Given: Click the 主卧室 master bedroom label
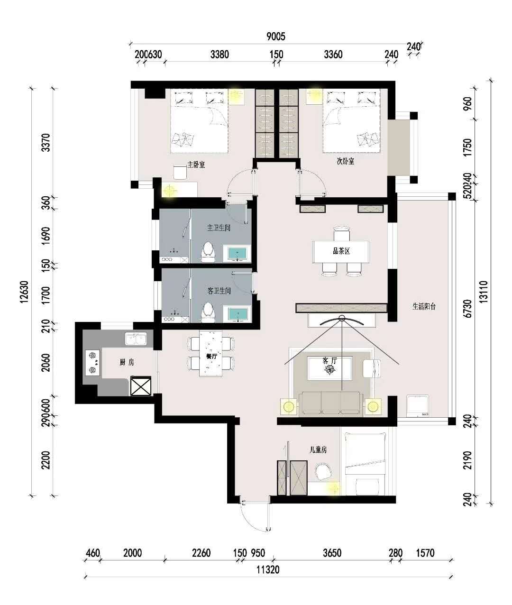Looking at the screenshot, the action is [196, 165].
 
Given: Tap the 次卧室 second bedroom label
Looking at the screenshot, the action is [346, 161].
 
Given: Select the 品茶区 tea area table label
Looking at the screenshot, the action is [341, 251].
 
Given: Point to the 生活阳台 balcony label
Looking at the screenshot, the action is [424, 306].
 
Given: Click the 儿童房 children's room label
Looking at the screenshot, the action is [318, 449].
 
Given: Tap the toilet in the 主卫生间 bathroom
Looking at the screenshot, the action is [208, 251].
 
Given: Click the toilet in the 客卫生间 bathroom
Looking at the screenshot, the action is [208, 312].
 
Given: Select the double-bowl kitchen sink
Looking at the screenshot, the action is [136, 339].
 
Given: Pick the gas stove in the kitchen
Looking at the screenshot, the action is [92, 363].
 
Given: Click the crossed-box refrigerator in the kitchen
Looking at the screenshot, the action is [141, 386].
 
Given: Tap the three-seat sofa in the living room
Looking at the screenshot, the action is [331, 403].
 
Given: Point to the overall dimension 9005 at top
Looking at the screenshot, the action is [276, 37].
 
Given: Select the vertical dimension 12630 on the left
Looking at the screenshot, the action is [24, 292].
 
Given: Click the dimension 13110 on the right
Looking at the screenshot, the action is [484, 292].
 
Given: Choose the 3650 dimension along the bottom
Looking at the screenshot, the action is [332, 553].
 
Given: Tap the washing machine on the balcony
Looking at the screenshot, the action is [418, 406].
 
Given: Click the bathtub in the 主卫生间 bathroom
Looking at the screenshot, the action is [237, 254].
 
